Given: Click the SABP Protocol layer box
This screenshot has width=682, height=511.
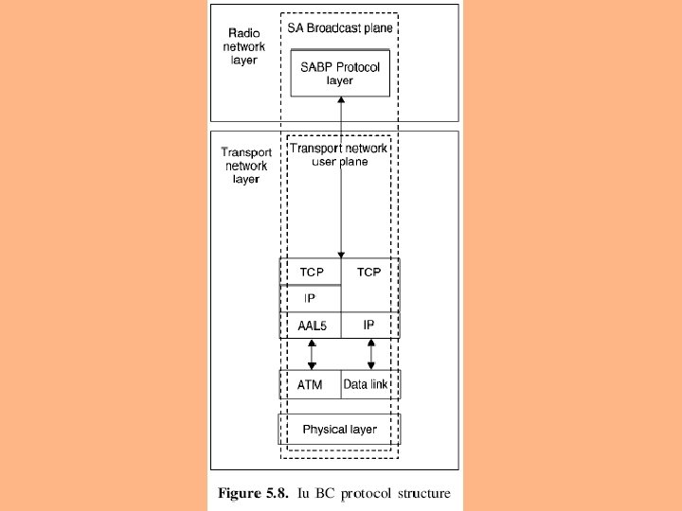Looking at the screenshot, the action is click(339, 74).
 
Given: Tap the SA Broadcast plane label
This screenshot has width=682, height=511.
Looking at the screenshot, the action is click(340, 28).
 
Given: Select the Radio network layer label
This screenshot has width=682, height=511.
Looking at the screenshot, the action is click(244, 46).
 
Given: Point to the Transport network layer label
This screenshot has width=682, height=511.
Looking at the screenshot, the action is click(246, 165).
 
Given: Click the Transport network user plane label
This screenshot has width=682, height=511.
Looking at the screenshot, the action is click(339, 154).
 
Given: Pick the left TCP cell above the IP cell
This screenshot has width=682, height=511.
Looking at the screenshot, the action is click(312, 273).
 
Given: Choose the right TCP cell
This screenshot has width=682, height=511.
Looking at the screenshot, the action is click(369, 273).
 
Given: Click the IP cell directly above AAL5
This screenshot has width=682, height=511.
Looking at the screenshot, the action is click(310, 298).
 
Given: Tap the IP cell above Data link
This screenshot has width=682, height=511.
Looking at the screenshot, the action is click(369, 325).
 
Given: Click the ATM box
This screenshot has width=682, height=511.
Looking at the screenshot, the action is click(310, 384).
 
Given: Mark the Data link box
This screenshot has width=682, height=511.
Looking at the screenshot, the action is click(369, 384).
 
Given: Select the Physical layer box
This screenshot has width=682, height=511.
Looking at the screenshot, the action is click(339, 430).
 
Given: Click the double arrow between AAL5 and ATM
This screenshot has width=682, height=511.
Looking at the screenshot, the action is click(312, 354).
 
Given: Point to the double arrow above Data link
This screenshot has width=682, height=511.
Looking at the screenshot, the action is click(370, 354).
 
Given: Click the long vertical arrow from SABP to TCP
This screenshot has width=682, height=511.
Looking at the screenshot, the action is click(341, 180).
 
